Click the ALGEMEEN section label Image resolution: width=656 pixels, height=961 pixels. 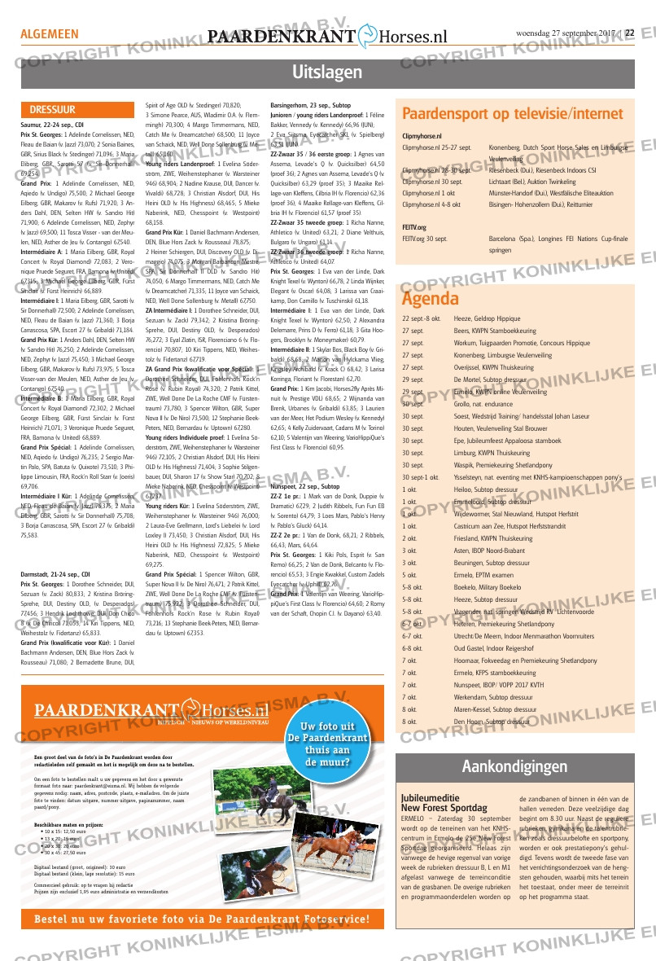coord(50,35)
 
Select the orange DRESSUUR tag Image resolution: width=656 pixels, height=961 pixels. coord(53,109)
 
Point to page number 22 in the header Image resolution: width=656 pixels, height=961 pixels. coord(629,33)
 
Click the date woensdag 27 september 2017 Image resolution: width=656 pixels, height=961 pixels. coord(566,33)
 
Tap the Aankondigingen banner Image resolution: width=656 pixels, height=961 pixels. coord(514,766)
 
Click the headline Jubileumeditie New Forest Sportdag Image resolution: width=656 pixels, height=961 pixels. coord(444,802)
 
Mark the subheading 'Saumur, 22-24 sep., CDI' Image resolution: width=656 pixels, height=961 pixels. coord(52,125)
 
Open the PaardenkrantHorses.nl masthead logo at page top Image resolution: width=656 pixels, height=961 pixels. coord(327,36)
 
